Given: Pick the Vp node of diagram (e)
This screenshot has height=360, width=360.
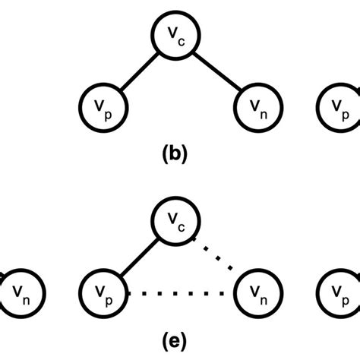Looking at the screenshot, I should click(102, 292).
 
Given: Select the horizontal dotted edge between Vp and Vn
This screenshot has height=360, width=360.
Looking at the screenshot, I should click(179, 293).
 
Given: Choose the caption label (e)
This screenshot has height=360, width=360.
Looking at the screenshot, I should click(179, 339).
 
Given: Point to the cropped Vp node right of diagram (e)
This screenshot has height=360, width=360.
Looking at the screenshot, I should click(339, 292).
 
